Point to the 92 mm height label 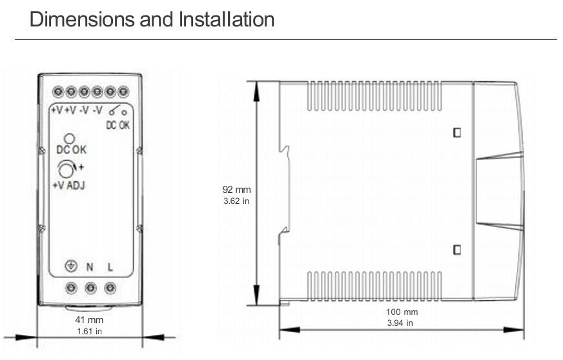pyautogui.click(x=236, y=190)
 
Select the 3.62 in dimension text pyautogui.click(x=236, y=201)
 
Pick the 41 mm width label pyautogui.click(x=89, y=320)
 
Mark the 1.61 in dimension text pyautogui.click(x=89, y=332)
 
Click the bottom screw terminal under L pyautogui.click(x=110, y=288)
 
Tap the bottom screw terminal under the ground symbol pyautogui.click(x=71, y=288)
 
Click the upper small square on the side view pyautogui.click(x=457, y=133)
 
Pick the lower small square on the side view pyautogui.click(x=457, y=249)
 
